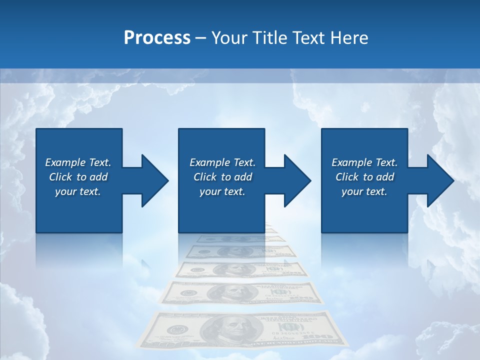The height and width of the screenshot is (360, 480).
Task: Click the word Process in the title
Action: coord(157,38)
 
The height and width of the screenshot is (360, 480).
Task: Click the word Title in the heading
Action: coord(268,38)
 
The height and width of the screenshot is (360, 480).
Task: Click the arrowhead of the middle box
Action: coord(296,180)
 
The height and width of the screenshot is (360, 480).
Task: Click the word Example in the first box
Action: coord(65,162)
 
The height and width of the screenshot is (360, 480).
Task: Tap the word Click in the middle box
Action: coord(205,177)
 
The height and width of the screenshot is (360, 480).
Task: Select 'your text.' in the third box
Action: coord(364,191)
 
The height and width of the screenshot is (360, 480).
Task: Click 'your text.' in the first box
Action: coord(78,191)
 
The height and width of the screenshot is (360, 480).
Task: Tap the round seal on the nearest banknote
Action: coord(175,330)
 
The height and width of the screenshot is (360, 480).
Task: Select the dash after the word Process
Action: coord(200,38)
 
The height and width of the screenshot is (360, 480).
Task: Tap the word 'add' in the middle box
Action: coord(243,177)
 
